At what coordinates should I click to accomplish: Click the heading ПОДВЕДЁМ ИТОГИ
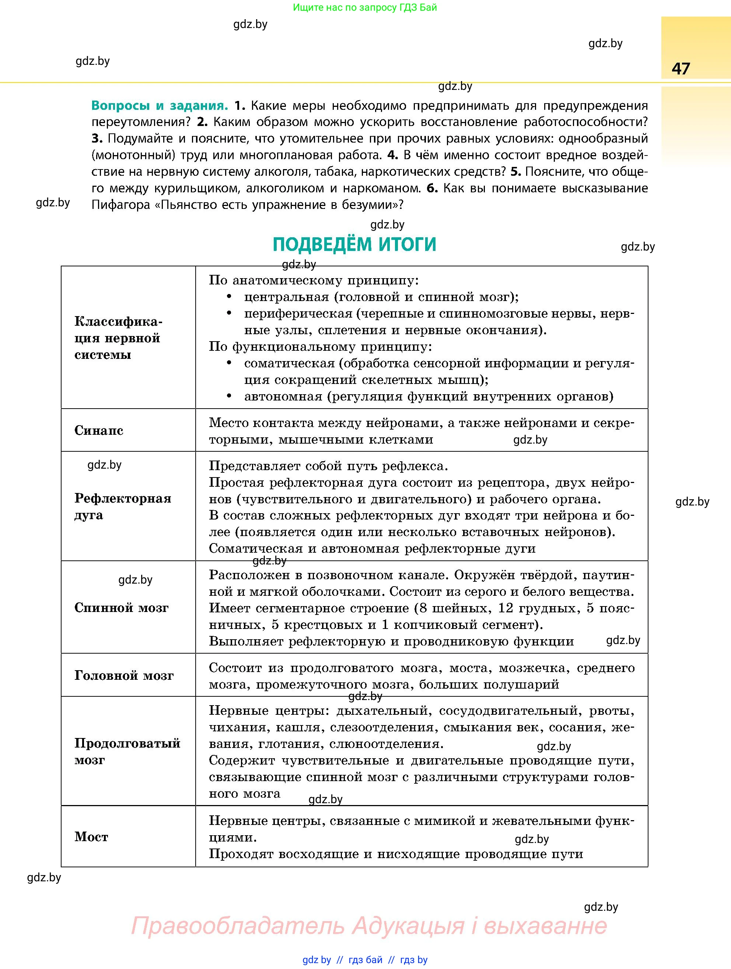(x=354, y=244)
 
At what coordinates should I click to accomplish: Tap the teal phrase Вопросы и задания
(x=160, y=106)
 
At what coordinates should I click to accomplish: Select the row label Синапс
(x=99, y=430)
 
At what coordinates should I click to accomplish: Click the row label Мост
(x=91, y=837)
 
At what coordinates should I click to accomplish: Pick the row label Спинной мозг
(x=121, y=608)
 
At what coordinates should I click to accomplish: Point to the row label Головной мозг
(x=124, y=675)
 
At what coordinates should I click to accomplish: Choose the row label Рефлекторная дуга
(x=123, y=506)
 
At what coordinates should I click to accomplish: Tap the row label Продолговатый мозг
(x=127, y=751)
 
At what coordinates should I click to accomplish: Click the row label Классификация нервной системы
(x=118, y=338)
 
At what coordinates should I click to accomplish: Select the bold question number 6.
(x=431, y=188)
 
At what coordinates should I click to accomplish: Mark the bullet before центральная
(x=229, y=297)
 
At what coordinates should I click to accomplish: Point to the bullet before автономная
(x=229, y=396)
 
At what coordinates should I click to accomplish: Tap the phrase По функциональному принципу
(x=320, y=346)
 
